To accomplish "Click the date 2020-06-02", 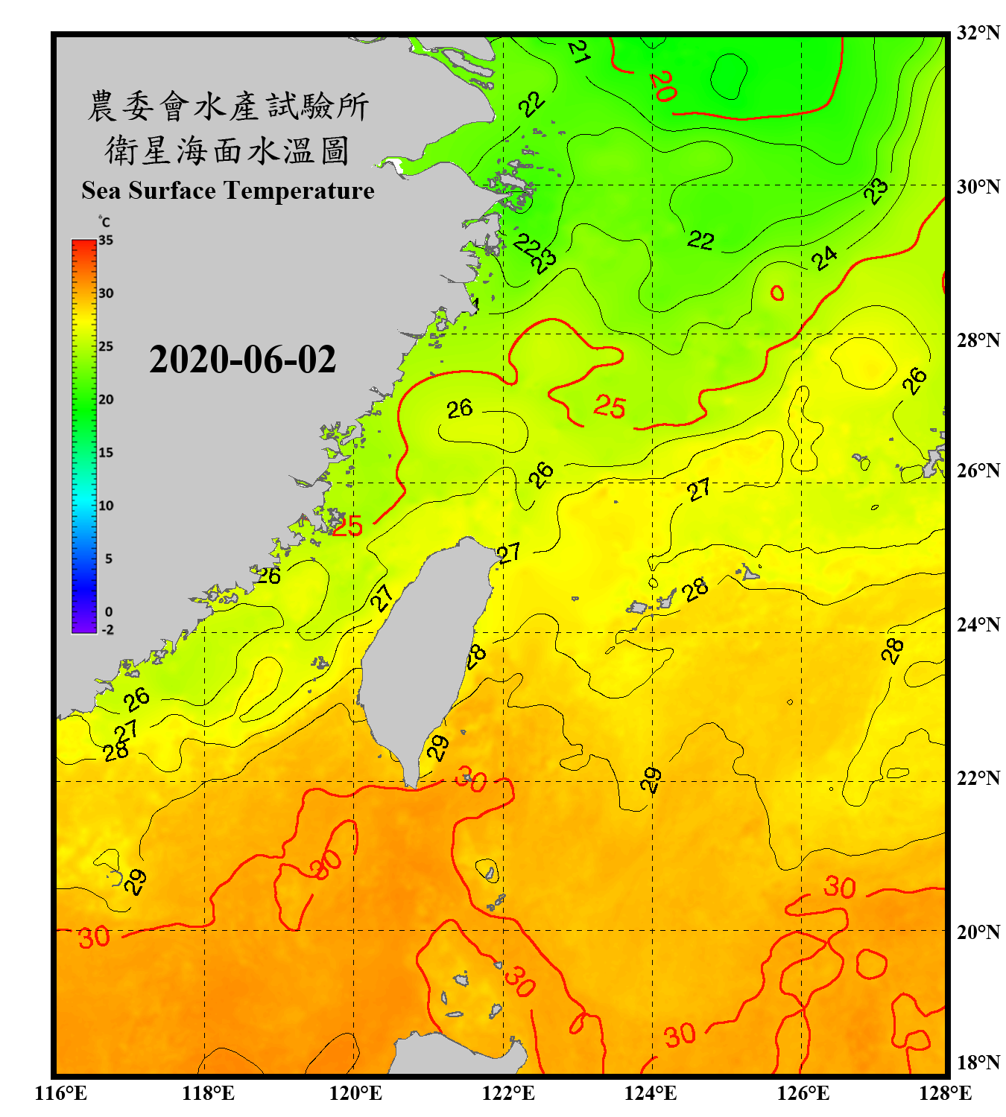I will (x=242, y=360).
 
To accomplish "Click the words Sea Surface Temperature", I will (x=228, y=191).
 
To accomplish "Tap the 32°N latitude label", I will (x=978, y=32).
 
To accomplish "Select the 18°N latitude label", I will (x=978, y=1062).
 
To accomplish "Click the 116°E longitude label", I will (x=61, y=1093).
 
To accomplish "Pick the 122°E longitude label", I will (x=508, y=1093).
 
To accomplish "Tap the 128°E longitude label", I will (x=945, y=1093).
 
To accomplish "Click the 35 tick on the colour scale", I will (x=106, y=240).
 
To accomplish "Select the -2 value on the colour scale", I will (x=107, y=629).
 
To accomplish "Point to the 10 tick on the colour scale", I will (x=106, y=506).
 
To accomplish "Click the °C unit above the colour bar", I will (x=104, y=221).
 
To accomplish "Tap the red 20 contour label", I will (x=662, y=86).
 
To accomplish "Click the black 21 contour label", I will (x=579, y=51).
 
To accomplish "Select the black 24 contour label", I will (x=824, y=258).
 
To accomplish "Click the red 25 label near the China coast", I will (x=347, y=526).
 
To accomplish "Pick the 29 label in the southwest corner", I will (x=134, y=882).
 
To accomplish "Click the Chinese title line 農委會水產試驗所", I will (x=228, y=106).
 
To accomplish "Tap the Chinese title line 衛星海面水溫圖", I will (x=228, y=150).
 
